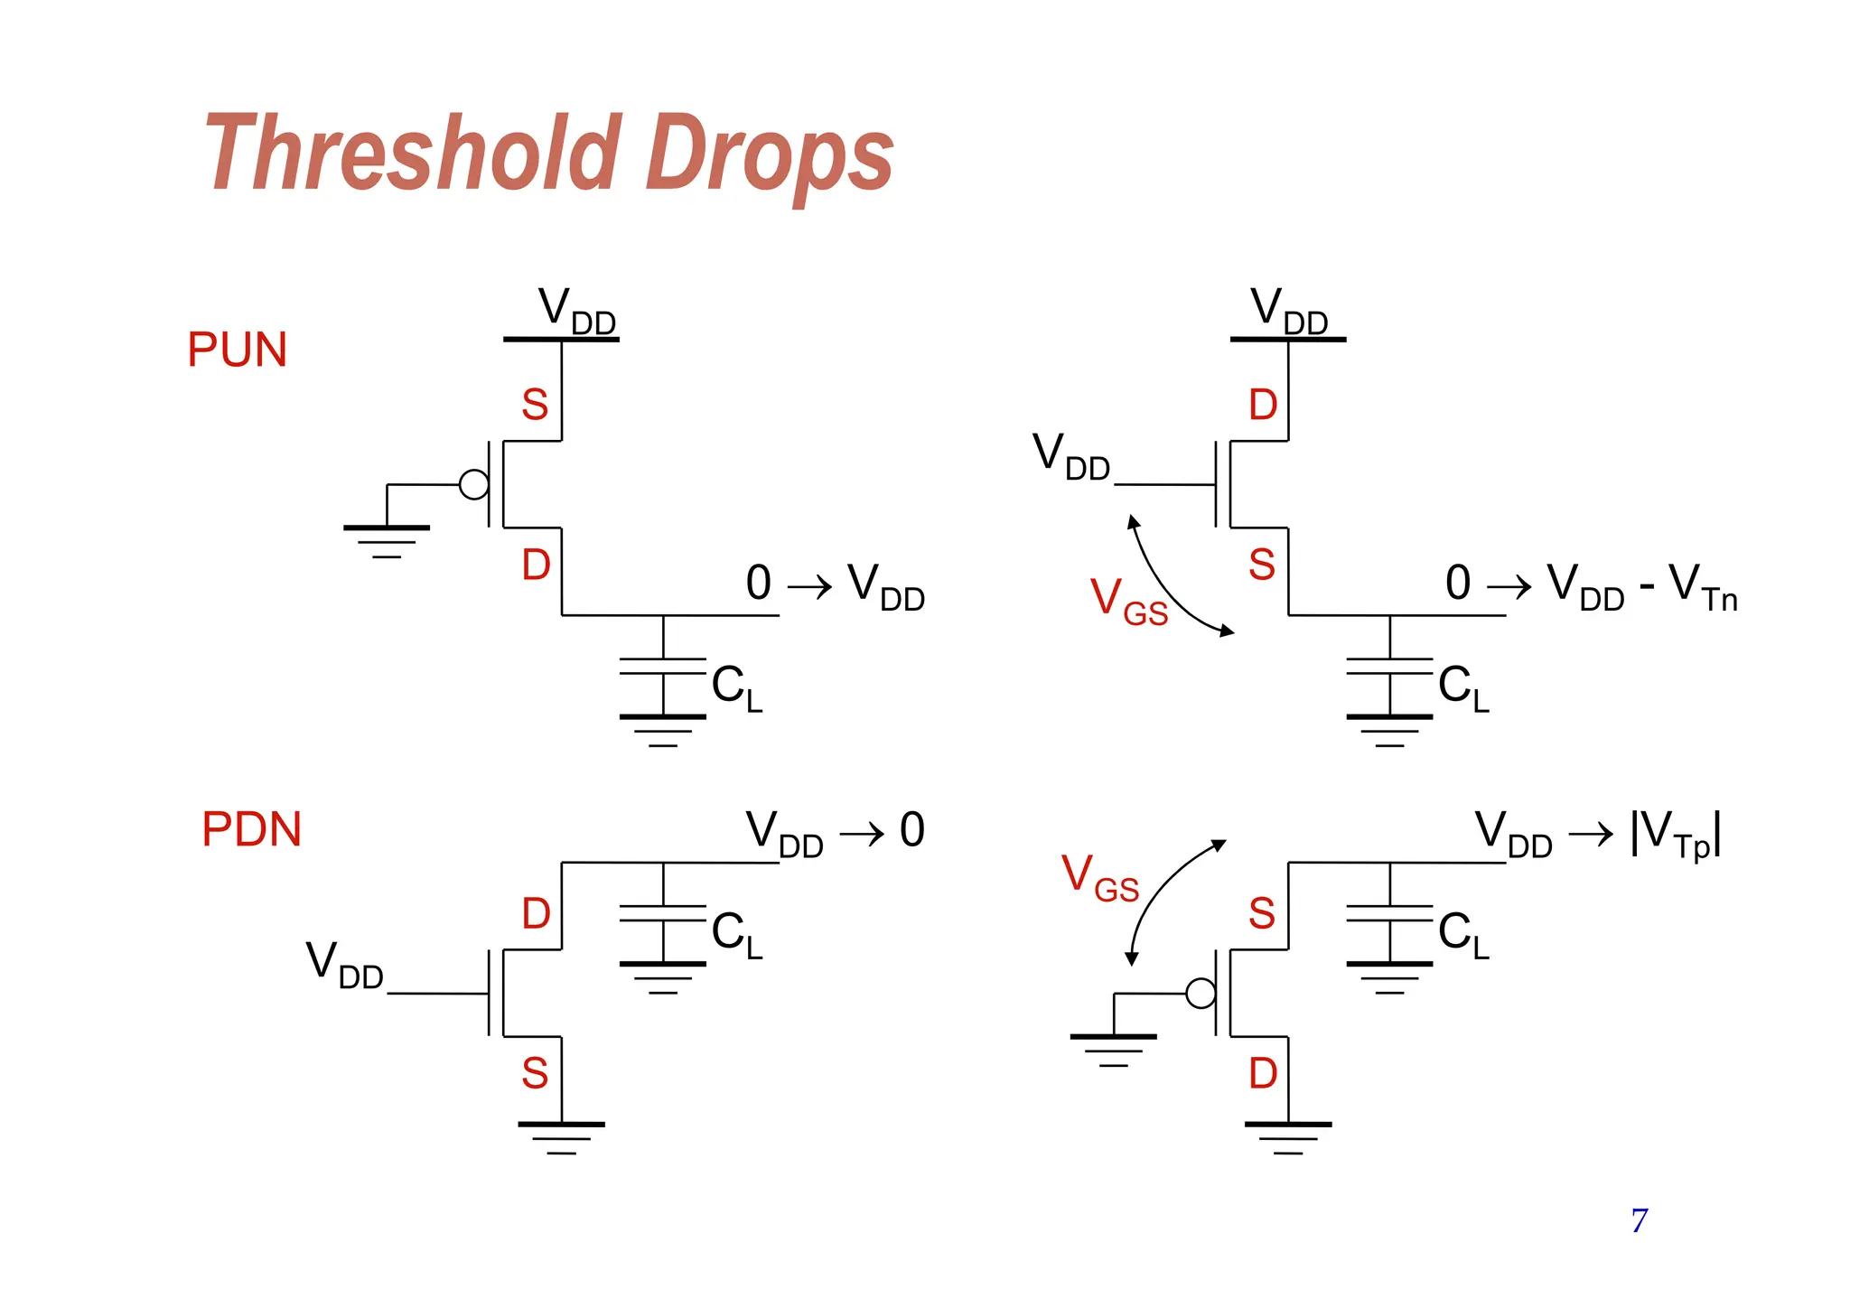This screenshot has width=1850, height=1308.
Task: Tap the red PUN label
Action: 237,350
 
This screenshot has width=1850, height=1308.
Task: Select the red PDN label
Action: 251,829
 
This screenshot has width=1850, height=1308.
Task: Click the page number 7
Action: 1640,1220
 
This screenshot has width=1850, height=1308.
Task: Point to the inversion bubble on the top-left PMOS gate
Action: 474,485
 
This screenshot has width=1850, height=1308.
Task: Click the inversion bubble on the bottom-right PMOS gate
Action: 1201,994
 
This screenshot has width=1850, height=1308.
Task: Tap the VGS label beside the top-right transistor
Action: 1128,600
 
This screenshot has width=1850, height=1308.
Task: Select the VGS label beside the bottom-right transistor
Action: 1099,877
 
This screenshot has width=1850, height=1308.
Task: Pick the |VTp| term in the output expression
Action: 1676,833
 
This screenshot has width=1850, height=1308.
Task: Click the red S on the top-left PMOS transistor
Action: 535,405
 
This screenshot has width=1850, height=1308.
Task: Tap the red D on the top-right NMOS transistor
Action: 1263,405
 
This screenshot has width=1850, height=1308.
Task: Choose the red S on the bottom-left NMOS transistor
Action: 535,1074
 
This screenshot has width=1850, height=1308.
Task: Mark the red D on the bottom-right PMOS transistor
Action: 1263,1074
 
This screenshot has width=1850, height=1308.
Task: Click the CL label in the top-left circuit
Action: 736,687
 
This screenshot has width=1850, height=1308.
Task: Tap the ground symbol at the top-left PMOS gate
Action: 387,538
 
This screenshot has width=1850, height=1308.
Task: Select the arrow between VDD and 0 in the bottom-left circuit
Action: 862,833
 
